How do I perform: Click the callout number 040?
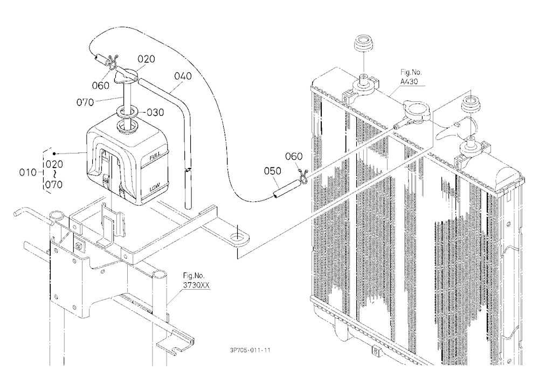(183, 76)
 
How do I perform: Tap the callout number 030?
(155, 113)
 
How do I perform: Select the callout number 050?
(273, 171)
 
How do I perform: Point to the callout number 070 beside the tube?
(85, 102)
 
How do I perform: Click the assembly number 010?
(27, 172)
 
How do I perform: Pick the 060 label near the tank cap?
(101, 86)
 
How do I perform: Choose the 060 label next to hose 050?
(294, 157)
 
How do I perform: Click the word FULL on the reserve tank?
(155, 157)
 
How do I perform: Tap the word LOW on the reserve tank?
(155, 188)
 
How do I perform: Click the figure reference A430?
(409, 81)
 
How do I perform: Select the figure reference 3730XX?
(196, 285)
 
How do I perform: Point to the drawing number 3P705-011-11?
(250, 350)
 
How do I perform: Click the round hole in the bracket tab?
(237, 237)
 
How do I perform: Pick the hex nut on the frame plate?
(80, 246)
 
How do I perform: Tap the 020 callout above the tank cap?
(147, 59)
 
